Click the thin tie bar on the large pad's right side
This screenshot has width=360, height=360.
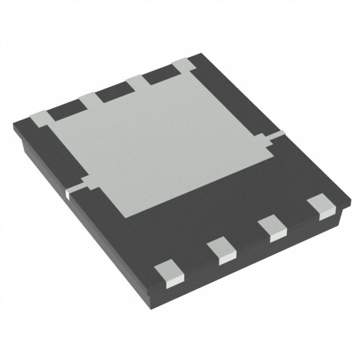[x=276, y=136]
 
